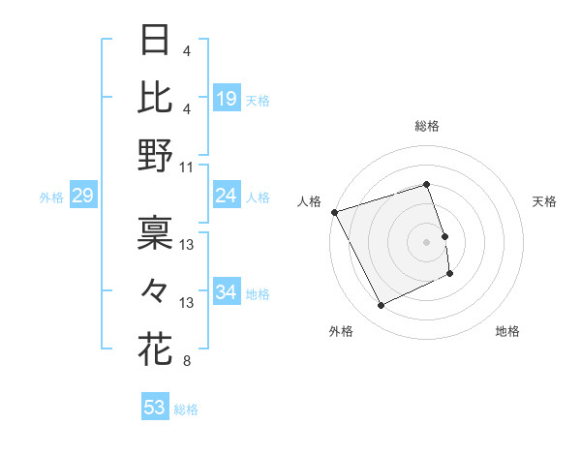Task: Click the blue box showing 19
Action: pyautogui.click(x=227, y=98)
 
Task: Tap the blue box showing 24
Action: pyautogui.click(x=227, y=197)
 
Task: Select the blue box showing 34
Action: pyautogui.click(x=227, y=293)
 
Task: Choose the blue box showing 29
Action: pyautogui.click(x=82, y=197)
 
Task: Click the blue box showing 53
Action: pyautogui.click(x=155, y=408)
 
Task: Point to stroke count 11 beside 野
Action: pyautogui.click(x=187, y=167)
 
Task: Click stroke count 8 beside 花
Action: pyautogui.click(x=186, y=362)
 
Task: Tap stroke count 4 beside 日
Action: pyautogui.click(x=186, y=49)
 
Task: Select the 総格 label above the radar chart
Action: pyautogui.click(x=427, y=126)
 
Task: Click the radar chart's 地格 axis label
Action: pyautogui.click(x=507, y=332)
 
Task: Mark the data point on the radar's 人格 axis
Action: pyautogui.click(x=335, y=212)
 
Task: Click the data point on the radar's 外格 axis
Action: pyautogui.click(x=381, y=306)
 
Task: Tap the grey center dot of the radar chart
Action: pyautogui.click(x=427, y=242)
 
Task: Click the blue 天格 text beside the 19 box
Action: pyautogui.click(x=258, y=101)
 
